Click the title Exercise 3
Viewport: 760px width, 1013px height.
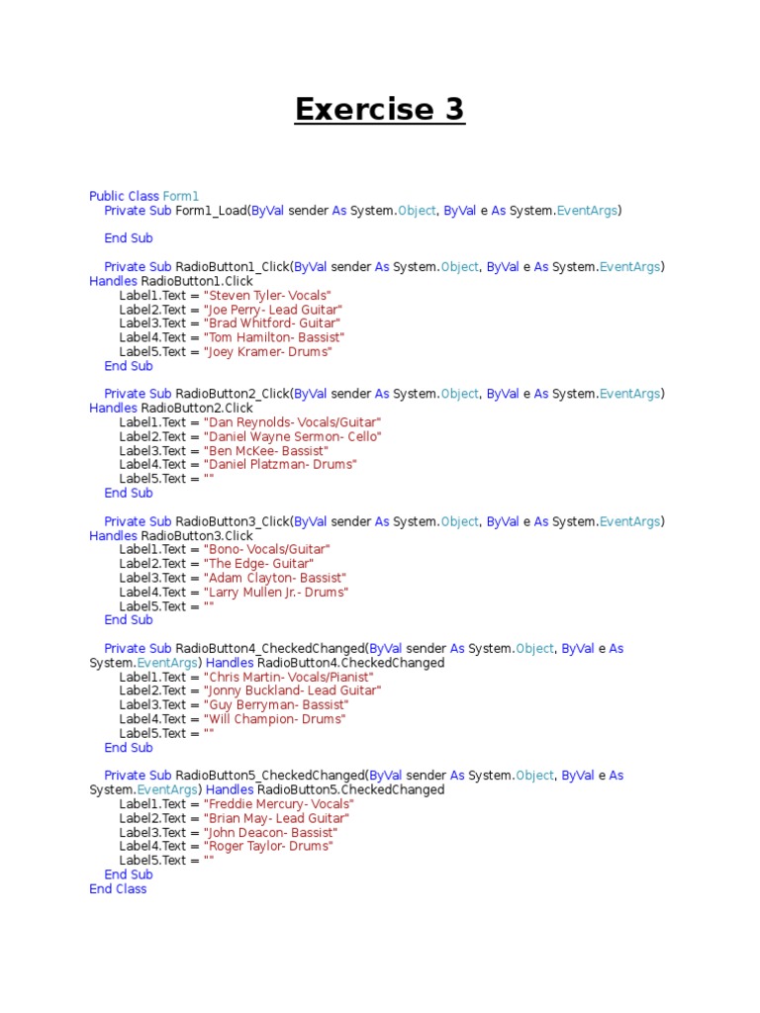coord(379,110)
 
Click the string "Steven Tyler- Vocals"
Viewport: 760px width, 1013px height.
coord(267,296)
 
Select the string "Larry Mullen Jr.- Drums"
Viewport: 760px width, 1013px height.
coord(276,593)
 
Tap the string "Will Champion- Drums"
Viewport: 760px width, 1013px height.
coord(274,719)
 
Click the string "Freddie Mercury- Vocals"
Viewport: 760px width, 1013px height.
coord(278,804)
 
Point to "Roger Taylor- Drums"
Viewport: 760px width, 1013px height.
coord(268,847)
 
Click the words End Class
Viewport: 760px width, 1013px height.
coord(118,889)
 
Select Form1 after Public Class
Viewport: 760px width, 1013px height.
coord(181,197)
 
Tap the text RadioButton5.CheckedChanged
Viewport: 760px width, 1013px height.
coord(350,790)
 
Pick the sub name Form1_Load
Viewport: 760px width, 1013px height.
coord(211,211)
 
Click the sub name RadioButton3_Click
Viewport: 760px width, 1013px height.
coord(233,521)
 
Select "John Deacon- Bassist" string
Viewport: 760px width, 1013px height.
coord(269,832)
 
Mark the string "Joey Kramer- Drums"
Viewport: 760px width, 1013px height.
coord(268,352)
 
